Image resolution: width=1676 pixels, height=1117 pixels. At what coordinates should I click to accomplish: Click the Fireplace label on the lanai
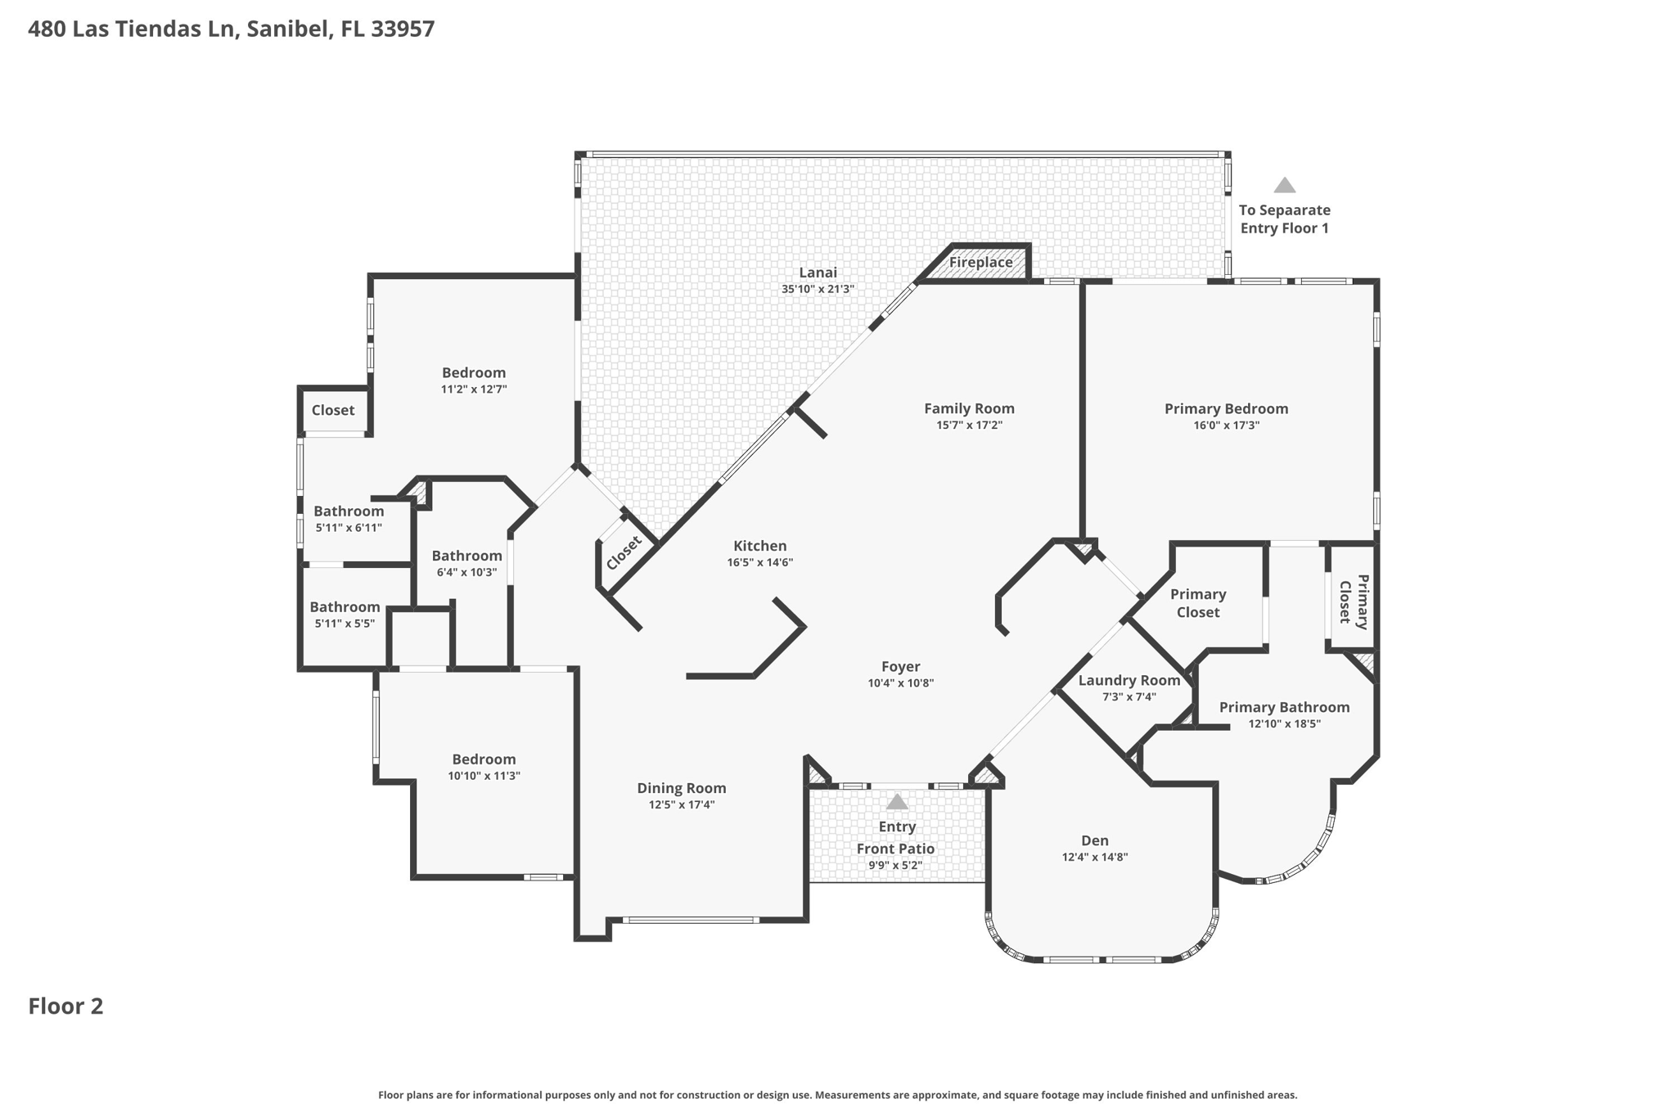point(980,263)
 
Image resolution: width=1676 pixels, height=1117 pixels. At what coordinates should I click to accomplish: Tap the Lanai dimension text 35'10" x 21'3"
point(818,289)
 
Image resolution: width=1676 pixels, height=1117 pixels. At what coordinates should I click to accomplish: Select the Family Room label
point(969,408)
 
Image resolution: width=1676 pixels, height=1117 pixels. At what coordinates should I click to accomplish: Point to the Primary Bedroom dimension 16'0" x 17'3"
point(1226,426)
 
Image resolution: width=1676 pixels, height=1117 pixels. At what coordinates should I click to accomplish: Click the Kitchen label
point(759,546)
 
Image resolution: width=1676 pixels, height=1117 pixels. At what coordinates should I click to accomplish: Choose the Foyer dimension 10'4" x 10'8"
point(900,683)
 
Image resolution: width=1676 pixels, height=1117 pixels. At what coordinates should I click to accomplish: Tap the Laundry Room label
point(1129,680)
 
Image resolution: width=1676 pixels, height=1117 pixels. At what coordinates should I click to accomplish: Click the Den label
point(1094,840)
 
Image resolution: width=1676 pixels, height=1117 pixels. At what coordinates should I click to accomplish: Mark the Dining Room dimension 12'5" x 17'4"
point(682,805)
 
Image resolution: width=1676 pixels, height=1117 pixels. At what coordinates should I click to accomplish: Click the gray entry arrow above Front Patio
point(897,801)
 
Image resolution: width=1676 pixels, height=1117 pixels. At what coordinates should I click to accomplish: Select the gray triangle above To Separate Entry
point(1284,186)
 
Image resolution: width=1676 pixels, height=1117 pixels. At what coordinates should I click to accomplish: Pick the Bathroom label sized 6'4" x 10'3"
point(466,556)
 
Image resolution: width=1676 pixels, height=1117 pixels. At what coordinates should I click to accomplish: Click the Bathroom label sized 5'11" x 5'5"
point(345,607)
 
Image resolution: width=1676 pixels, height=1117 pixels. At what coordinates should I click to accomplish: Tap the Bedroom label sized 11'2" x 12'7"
point(474,372)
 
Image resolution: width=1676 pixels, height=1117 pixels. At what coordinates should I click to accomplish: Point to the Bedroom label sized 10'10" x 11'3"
point(484,759)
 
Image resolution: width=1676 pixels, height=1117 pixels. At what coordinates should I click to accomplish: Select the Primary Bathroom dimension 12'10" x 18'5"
point(1284,724)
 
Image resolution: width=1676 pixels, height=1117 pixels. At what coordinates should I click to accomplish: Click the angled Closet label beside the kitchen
point(624,553)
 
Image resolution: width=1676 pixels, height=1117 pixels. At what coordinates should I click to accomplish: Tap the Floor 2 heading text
point(65,1007)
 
